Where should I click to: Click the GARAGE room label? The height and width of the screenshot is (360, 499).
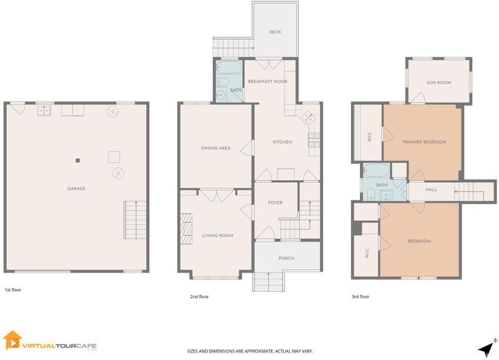click(x=76, y=188)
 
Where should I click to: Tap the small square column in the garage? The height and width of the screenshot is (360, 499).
click(x=77, y=160)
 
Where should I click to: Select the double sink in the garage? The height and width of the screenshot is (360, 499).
click(x=44, y=110)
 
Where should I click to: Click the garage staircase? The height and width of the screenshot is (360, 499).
click(x=135, y=220)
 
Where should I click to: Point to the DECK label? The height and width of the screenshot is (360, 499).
click(x=275, y=32)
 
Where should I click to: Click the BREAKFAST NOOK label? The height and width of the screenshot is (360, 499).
click(x=268, y=81)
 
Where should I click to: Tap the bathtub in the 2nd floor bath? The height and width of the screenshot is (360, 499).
click(x=229, y=67)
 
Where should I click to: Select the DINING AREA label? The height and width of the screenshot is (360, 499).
click(x=216, y=148)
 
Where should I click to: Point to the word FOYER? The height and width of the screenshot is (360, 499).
click(x=275, y=202)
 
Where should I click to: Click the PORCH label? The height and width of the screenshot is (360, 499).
click(x=286, y=258)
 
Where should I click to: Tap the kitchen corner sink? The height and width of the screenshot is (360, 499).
click(x=308, y=117)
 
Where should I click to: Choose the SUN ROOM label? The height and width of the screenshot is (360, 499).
click(x=439, y=82)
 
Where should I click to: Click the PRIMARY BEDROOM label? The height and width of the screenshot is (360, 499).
click(x=424, y=142)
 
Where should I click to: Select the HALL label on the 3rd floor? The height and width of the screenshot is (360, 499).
click(x=431, y=190)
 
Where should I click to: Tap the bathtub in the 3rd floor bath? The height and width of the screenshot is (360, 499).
click(x=376, y=170)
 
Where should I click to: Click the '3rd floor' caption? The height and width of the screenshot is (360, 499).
click(x=361, y=296)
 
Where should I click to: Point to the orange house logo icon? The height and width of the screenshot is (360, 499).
click(x=12, y=340)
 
